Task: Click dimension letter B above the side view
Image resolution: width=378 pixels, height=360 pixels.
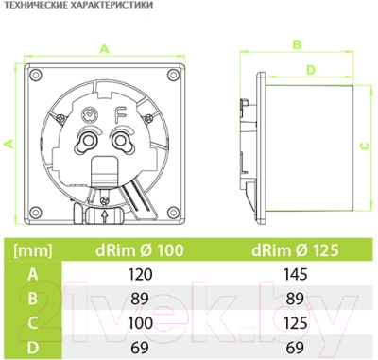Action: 295,43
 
